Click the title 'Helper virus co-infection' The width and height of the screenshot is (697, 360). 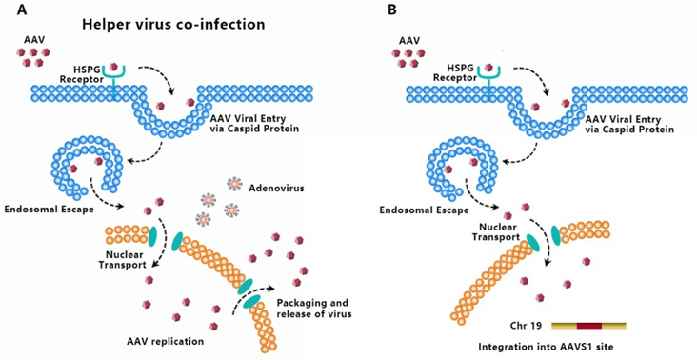[173, 24]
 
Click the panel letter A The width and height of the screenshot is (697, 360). [22, 10]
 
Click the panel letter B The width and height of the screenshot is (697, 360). [392, 10]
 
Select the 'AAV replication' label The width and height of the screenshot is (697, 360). [165, 341]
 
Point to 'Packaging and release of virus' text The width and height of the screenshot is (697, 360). [314, 309]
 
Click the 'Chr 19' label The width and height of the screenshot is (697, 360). [526, 326]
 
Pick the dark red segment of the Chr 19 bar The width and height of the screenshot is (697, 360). [589, 326]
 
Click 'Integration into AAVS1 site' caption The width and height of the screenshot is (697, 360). [545, 347]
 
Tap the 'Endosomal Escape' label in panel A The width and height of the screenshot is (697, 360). [49, 209]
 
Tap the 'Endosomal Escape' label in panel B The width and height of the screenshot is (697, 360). [424, 210]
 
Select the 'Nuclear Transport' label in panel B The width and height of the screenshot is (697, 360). [496, 231]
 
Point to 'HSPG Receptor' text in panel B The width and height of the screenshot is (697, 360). [454, 73]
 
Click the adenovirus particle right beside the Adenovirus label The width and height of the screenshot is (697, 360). [233, 183]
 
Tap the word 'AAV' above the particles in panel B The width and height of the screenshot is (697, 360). [408, 41]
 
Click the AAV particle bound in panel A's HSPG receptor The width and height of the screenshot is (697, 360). [114, 67]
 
